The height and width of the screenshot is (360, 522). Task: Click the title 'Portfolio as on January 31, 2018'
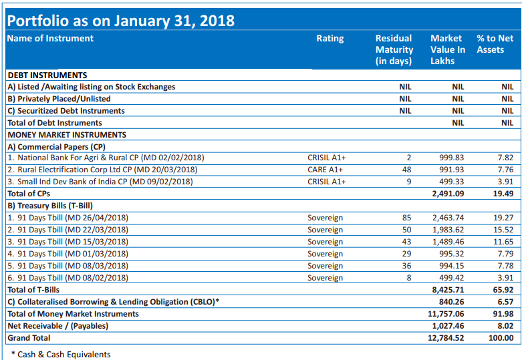point(121,21)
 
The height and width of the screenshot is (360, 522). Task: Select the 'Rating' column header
point(330,39)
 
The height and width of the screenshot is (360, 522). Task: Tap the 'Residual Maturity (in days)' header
point(394,49)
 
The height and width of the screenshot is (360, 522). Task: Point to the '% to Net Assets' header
point(495,44)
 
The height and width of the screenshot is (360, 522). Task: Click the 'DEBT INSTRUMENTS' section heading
point(47,75)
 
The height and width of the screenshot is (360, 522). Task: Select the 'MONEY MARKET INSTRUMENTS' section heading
point(67,135)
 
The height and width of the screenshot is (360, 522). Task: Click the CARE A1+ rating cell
point(325,170)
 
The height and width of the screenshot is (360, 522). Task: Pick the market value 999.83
point(451,158)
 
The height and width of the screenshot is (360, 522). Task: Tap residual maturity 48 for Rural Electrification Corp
point(406,170)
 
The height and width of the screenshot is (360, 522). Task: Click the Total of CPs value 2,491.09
point(448,194)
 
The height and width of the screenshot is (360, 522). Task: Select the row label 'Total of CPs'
point(29,194)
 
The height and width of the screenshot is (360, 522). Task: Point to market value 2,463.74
point(448,218)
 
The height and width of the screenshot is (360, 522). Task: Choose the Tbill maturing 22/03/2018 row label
point(68,230)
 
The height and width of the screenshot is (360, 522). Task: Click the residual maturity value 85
point(406,218)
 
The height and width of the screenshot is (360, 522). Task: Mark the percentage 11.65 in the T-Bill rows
point(503,242)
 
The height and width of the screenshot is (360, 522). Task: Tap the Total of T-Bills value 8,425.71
point(448,290)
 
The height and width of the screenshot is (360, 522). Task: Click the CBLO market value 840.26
point(451,302)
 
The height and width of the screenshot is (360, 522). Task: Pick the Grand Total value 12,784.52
point(446,338)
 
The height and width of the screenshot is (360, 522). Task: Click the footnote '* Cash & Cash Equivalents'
point(61,355)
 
